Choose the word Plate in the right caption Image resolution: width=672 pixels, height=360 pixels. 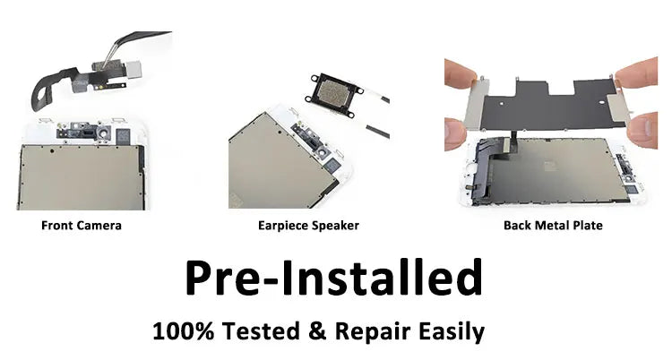pos(586,226)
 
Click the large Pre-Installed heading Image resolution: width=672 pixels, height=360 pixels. pos(334,278)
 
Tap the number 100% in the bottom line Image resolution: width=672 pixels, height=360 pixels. pos(183,331)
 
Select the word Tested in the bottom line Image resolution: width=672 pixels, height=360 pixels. pos(261,331)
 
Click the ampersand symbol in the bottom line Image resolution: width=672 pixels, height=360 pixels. pos(316,331)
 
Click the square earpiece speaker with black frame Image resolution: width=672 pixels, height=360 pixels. pos(334,95)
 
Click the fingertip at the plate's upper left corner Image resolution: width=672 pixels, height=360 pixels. pos(460,73)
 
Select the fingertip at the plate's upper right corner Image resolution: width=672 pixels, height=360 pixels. pos(637,73)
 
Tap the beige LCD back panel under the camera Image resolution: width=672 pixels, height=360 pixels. pos(80,177)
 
